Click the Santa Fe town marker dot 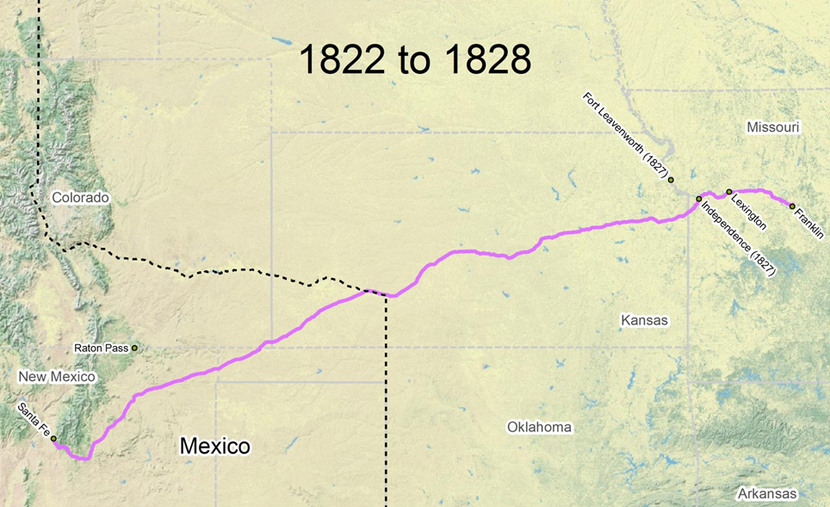[x=53, y=439]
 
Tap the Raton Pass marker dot [x=134, y=348]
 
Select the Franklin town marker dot [x=792, y=206]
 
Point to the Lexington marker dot [x=729, y=192]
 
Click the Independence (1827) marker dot [x=698, y=199]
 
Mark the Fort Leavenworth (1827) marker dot [x=671, y=180]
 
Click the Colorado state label [x=80, y=198]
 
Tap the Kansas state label [x=644, y=320]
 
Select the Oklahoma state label [x=539, y=427]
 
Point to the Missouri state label [x=772, y=127]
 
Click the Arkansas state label [x=767, y=494]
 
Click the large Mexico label [x=214, y=446]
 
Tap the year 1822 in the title [x=335, y=60]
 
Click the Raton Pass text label [x=101, y=349]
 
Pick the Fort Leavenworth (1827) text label [x=625, y=136]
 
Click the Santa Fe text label [x=33, y=420]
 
